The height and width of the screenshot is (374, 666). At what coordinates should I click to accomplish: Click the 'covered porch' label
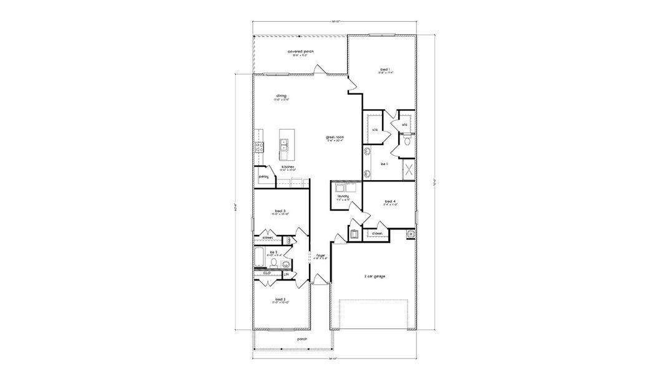click(x=300, y=51)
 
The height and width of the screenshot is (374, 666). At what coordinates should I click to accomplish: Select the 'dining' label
click(x=282, y=95)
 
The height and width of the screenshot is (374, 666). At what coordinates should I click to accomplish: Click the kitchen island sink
click(x=284, y=146)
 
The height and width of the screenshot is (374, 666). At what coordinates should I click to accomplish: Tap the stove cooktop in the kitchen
click(x=258, y=147)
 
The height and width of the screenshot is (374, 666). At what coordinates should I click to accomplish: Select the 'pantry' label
click(x=263, y=176)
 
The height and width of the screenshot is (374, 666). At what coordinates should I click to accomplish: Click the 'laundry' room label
click(x=343, y=196)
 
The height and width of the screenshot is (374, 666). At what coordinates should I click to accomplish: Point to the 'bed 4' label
click(x=391, y=201)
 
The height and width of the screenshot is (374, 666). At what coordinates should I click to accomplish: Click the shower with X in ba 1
click(x=408, y=168)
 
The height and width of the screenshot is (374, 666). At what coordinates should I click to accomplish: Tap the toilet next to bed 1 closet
click(x=406, y=141)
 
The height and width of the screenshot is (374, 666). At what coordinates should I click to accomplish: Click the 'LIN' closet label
click(x=286, y=274)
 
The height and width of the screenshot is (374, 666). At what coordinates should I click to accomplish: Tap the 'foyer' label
click(x=321, y=255)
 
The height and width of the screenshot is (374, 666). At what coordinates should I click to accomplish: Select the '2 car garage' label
click(x=374, y=276)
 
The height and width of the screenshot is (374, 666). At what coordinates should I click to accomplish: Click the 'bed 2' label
click(x=280, y=299)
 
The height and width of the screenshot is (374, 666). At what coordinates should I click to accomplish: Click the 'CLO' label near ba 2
click(x=266, y=272)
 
